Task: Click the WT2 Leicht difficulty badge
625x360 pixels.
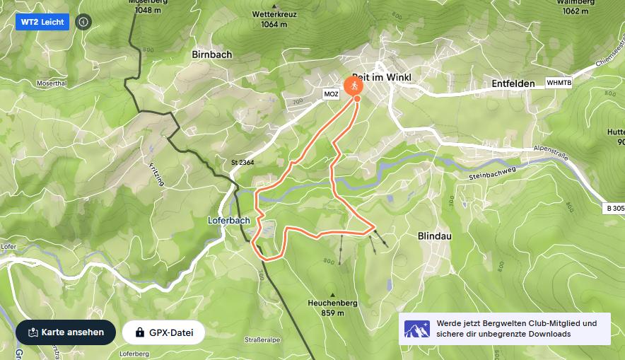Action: pyautogui.click(x=42, y=22)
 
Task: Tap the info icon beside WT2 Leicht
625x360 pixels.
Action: pyautogui.click(x=83, y=22)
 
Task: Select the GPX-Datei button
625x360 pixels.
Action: pyautogui.click(x=163, y=332)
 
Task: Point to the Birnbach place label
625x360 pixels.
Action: pyautogui.click(x=212, y=54)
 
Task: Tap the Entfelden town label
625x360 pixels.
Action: pyautogui.click(x=513, y=83)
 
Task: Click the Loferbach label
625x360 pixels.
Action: pyautogui.click(x=229, y=220)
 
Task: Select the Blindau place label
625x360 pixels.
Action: pyautogui.click(x=434, y=236)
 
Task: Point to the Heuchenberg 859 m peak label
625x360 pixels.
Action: pyautogui.click(x=332, y=308)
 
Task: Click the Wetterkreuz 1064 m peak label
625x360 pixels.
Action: pyautogui.click(x=274, y=18)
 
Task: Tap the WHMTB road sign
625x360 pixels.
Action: pyautogui.click(x=559, y=83)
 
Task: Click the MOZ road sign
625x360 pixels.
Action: pyautogui.click(x=331, y=94)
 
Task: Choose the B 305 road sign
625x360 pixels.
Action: pyautogui.click(x=615, y=208)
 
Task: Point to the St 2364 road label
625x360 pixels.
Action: pyautogui.click(x=243, y=163)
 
